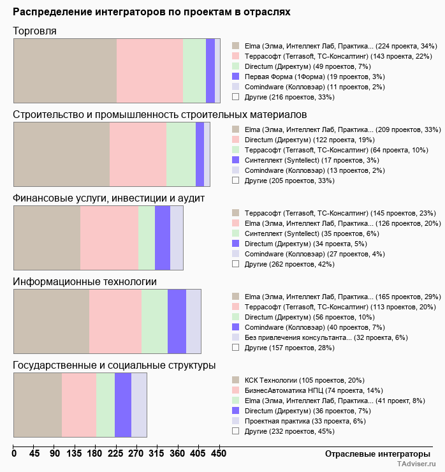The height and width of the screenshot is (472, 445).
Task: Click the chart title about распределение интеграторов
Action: (152, 11)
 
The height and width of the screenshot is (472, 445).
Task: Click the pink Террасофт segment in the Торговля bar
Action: (150, 70)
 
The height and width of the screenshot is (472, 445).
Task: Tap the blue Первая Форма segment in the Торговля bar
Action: (210, 70)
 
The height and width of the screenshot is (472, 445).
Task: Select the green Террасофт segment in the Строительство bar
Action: (181, 154)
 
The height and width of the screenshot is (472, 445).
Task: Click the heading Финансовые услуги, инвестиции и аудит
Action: (108, 198)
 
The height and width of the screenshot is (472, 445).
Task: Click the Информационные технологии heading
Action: (85, 281)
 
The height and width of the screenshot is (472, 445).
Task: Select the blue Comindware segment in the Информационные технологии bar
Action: (177, 321)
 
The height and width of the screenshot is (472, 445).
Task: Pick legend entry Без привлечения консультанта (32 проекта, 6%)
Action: (326, 337)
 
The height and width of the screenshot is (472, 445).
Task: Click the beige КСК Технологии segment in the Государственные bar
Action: (38, 404)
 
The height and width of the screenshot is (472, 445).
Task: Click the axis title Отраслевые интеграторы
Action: (374, 454)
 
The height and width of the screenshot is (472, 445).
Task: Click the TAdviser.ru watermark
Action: (416, 465)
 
